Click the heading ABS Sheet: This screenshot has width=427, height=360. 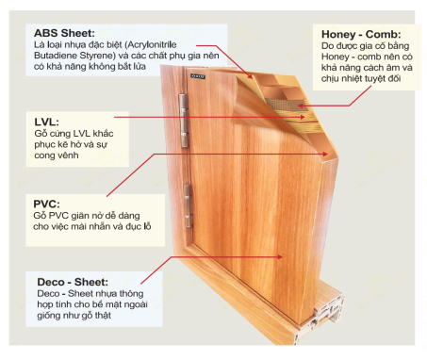point(64,33)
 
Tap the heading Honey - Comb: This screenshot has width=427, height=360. point(361,34)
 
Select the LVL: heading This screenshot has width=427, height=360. point(46,122)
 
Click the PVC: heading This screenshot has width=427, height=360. point(46,204)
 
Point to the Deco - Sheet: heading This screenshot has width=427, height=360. point(73,282)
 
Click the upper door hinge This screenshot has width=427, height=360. point(184,121)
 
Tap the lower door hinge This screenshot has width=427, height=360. point(188,205)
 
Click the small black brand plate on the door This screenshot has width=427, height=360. point(198,76)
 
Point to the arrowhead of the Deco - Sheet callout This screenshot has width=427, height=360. point(279,257)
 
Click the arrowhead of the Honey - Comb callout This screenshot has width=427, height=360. point(301,106)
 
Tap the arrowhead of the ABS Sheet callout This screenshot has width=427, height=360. point(250,75)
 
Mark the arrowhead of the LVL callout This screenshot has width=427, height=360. point(302,118)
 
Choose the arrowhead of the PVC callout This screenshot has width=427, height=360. point(324,154)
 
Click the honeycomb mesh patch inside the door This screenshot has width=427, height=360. point(285,104)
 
